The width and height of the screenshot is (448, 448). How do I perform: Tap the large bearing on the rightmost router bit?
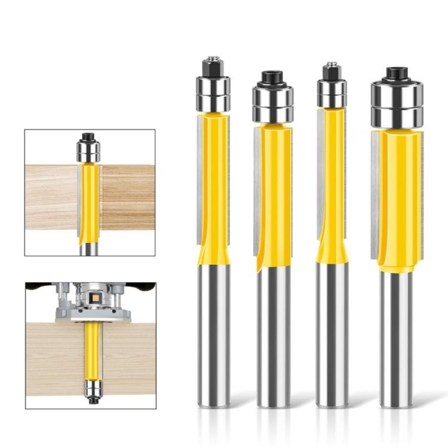[397, 105]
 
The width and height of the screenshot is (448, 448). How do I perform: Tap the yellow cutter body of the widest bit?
[399, 197]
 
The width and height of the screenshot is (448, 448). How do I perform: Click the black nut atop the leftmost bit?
[213, 67]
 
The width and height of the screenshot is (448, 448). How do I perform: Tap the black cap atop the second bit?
[272, 78]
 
